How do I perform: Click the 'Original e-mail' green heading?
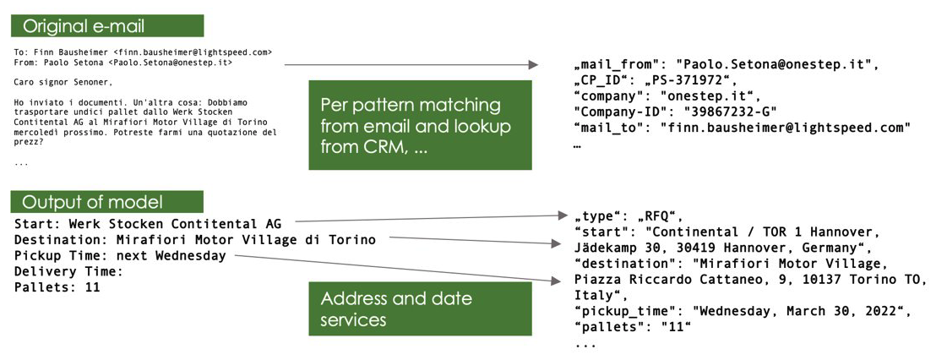click(106, 26)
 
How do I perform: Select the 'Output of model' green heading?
click(106, 202)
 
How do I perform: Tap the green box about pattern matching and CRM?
click(420, 125)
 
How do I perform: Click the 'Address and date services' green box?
click(420, 309)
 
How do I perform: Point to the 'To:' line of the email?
click(143, 52)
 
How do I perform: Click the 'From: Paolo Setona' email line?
click(123, 62)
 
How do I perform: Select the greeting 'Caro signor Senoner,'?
click(63, 83)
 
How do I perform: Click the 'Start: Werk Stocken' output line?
click(148, 224)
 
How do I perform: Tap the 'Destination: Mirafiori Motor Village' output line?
click(194, 240)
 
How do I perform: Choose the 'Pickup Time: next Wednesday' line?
click(120, 255)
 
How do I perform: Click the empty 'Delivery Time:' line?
click(69, 271)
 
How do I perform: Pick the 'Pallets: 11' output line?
click(57, 287)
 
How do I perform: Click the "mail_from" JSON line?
click(726, 64)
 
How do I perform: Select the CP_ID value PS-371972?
click(697, 80)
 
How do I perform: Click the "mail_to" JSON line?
click(742, 128)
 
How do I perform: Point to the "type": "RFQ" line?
click(627, 215)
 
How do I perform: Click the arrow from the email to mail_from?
click(411, 64)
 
